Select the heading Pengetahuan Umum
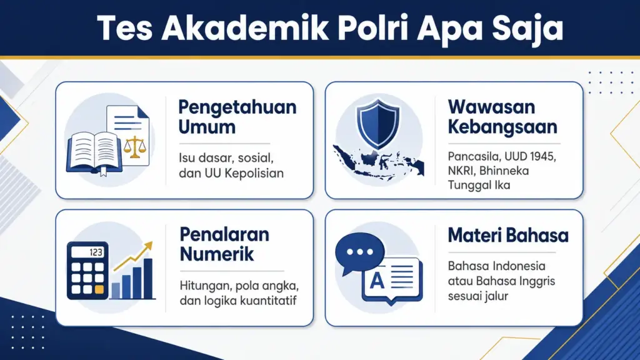click(x=237, y=116)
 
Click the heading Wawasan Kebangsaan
click(x=502, y=116)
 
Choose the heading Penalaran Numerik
click(x=224, y=244)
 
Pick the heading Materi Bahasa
click(x=507, y=236)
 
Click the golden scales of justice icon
click(x=132, y=146)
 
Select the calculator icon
click(x=86, y=269)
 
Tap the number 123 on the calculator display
click(x=96, y=252)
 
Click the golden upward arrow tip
click(x=150, y=246)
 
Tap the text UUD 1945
click(x=523, y=156)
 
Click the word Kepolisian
click(x=254, y=173)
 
